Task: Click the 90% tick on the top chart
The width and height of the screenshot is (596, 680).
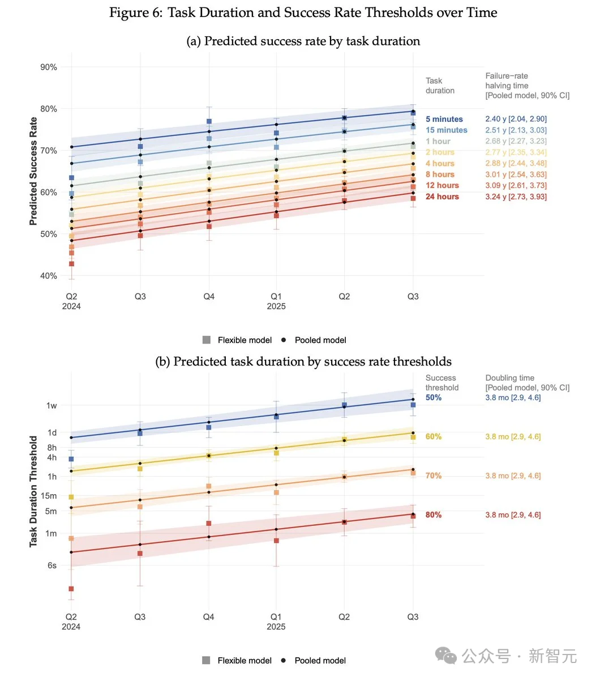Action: pos(49,67)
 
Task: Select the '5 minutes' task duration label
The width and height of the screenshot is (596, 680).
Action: pos(444,119)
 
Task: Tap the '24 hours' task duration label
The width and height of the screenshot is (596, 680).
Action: pos(442,197)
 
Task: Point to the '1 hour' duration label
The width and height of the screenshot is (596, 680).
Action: pos(438,141)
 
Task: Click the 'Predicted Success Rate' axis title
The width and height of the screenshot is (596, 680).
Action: pos(33,171)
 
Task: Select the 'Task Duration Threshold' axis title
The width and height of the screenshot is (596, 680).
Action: pos(33,491)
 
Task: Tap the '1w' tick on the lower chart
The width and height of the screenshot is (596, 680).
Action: pos(52,405)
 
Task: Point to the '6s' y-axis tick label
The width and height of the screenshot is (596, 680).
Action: pos(52,565)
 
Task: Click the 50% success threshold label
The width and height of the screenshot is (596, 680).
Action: pos(434,397)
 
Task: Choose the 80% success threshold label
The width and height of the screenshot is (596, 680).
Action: pos(434,515)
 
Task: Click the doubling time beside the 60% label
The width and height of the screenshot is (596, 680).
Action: pos(513,436)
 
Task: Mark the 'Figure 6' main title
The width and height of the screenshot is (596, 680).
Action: pos(303,13)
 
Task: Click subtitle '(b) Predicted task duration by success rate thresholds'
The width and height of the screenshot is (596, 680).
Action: pos(303,362)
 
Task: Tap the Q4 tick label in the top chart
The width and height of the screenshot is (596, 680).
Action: pos(209,296)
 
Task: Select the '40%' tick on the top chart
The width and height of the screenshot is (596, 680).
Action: pos(49,276)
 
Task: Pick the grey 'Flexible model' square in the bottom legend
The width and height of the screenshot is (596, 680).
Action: pos(207,660)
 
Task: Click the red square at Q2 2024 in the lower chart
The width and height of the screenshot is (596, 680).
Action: pos(71,589)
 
